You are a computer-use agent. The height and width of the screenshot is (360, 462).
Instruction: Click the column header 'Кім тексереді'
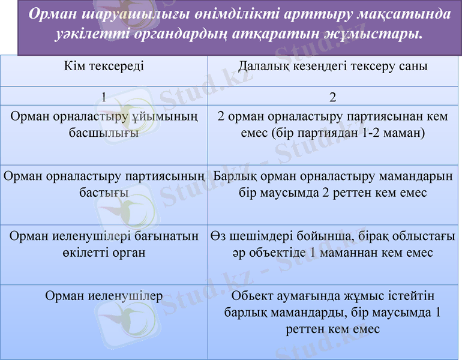[104, 67]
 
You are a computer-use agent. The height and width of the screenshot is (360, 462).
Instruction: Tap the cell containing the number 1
[104, 97]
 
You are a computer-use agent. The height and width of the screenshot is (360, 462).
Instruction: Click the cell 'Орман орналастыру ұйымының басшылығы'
[104, 125]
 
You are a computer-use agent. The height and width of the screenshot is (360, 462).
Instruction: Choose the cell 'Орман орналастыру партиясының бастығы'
[104, 185]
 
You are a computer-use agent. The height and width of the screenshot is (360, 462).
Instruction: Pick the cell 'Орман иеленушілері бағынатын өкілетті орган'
[104, 244]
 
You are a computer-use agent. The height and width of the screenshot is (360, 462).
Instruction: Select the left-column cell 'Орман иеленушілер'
[104, 296]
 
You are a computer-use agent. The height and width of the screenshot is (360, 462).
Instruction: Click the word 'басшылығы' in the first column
[104, 133]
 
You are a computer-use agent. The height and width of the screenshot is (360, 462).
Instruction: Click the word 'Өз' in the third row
[218, 236]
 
